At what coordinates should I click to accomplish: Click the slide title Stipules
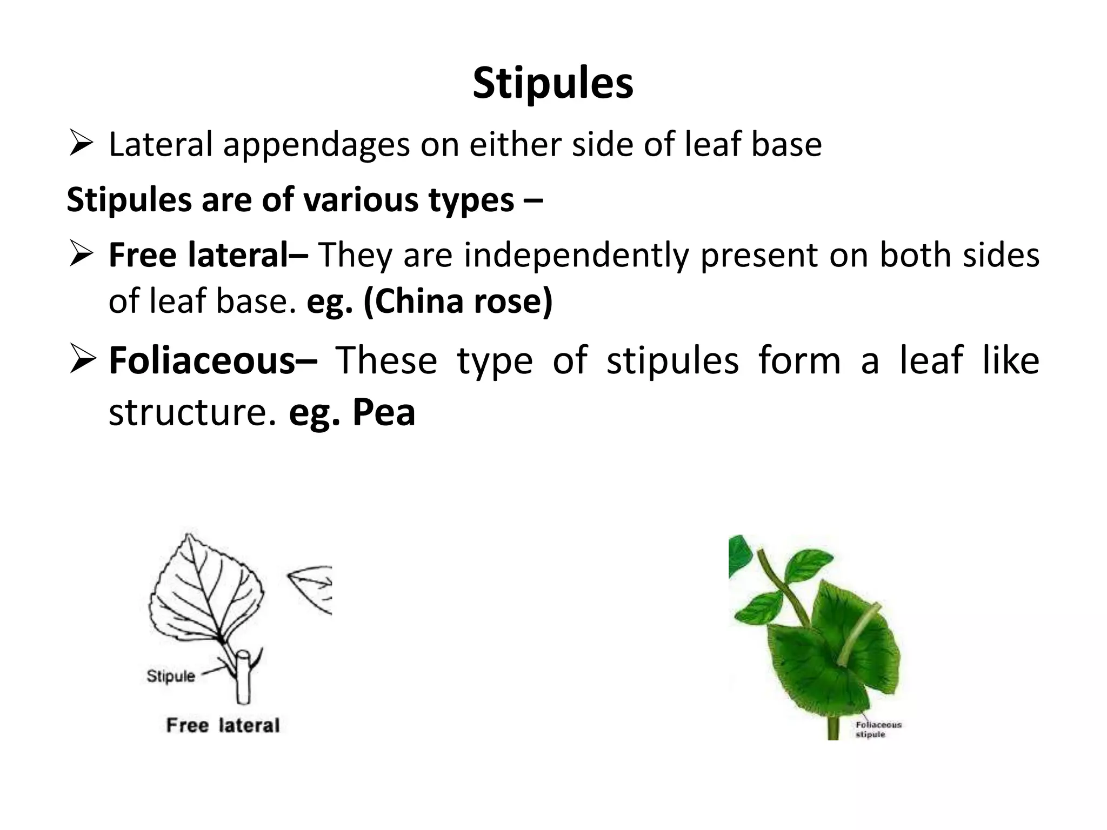(x=553, y=84)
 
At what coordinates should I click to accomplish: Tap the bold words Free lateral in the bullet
(x=208, y=255)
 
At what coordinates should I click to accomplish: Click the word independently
(x=576, y=255)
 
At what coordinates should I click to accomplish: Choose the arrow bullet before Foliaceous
(x=82, y=360)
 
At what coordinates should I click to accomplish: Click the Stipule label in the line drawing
(x=171, y=676)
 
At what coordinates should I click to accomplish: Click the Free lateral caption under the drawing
(x=223, y=725)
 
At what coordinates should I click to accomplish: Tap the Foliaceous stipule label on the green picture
(x=878, y=729)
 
